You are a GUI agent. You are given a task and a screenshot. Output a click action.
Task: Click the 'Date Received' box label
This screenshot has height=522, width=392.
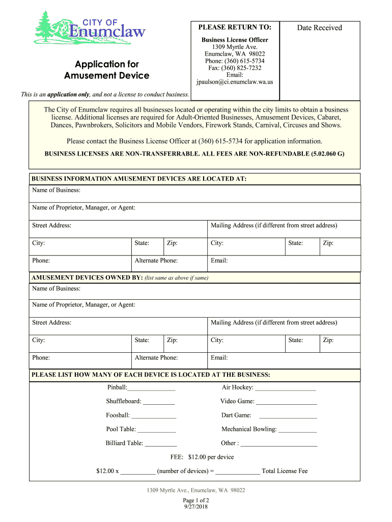tap(319, 28)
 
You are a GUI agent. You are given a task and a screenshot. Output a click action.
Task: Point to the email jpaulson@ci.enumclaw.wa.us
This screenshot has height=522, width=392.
tap(235, 82)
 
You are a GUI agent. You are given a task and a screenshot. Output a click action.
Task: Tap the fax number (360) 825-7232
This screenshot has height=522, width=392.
tap(235, 68)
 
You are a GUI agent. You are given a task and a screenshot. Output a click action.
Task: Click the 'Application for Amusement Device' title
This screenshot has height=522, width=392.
tap(107, 70)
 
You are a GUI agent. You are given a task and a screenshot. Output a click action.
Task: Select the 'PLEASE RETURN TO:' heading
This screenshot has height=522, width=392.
tap(235, 27)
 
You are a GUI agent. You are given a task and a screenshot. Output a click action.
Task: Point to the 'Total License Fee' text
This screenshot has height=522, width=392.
tap(285, 471)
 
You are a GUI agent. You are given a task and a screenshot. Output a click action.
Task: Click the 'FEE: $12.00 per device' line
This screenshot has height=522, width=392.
tap(202, 457)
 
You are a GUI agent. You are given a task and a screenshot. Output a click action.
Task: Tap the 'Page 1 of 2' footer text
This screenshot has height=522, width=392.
tap(196, 500)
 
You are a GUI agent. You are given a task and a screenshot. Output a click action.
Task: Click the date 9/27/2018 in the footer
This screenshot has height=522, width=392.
tap(196, 507)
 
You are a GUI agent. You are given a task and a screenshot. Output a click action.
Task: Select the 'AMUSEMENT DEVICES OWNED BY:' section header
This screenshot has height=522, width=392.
tap(87, 278)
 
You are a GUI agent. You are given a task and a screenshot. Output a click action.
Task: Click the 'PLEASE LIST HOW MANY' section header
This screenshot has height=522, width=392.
tap(151, 375)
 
